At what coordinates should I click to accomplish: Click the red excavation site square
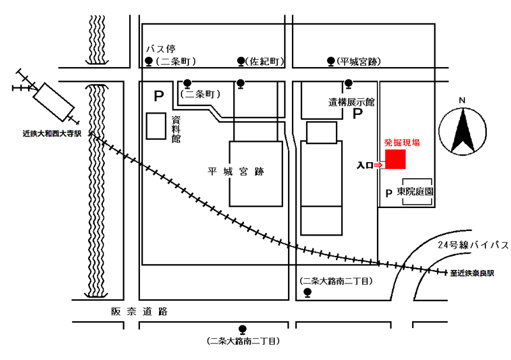395,160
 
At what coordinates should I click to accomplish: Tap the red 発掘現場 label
402,143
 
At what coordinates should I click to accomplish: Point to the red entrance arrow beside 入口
378,165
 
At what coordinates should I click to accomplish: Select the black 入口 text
365,165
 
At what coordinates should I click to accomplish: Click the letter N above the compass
462,100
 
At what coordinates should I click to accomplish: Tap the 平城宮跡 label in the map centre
236,171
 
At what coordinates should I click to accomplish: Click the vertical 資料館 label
176,130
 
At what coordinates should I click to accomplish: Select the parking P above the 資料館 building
158,96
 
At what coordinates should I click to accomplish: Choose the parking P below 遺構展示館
358,114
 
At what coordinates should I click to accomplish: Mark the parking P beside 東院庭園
389,193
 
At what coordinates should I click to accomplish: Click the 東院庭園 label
415,191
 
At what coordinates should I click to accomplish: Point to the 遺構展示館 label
351,102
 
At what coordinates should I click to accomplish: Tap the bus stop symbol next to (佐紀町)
241,61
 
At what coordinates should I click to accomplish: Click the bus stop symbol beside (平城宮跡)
331,61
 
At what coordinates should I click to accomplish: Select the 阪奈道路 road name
139,311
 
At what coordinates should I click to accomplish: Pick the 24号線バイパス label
473,244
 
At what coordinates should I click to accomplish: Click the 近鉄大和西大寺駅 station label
52,133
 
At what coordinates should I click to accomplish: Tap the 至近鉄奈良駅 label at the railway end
472,273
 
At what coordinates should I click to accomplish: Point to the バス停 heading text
161,49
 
